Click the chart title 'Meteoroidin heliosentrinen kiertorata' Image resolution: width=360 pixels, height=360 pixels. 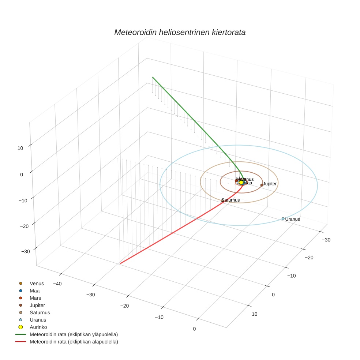(x=180, y=32)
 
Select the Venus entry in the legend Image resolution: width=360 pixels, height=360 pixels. (x=37, y=284)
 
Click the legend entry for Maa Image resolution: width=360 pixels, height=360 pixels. (x=34, y=291)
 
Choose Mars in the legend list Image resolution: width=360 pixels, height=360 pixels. (x=35, y=298)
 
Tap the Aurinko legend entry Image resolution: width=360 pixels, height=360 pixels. (x=38, y=327)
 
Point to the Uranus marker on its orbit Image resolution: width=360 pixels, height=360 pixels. (x=283, y=219)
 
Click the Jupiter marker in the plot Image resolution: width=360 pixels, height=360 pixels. (x=262, y=185)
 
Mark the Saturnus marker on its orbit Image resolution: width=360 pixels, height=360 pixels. (x=222, y=200)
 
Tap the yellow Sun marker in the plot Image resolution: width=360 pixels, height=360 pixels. (x=241, y=182)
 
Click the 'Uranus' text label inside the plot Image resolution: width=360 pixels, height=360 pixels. (x=293, y=219)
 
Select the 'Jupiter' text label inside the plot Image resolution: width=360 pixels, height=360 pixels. (x=270, y=184)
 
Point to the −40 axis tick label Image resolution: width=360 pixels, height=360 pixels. (x=57, y=284)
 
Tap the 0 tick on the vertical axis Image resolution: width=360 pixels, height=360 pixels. (x=22, y=175)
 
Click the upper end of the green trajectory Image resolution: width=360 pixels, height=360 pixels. (x=153, y=77)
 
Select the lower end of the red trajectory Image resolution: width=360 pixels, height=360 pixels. (x=120, y=263)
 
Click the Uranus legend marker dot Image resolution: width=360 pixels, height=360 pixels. (x=20, y=320)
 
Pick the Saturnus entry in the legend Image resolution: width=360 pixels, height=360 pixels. (x=40, y=312)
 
